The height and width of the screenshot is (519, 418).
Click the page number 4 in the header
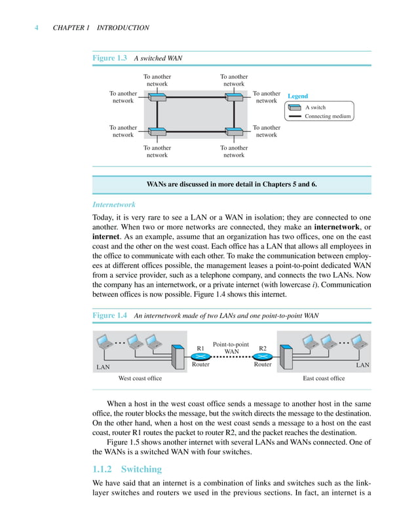[x=37, y=28]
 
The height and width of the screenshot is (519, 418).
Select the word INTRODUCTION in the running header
[x=123, y=28]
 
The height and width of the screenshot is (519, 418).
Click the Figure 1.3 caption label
[x=109, y=58]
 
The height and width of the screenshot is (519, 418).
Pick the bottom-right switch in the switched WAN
[x=234, y=131]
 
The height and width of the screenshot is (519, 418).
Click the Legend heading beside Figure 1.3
[x=297, y=96]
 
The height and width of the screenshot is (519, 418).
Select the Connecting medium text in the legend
[x=328, y=117]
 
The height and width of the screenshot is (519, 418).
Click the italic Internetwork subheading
[x=114, y=204]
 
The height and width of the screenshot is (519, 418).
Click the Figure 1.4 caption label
[x=109, y=315]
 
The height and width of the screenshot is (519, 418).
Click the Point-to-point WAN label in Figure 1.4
[x=231, y=348]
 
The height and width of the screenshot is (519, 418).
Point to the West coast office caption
[x=140, y=378]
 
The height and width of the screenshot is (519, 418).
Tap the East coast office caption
[x=324, y=378]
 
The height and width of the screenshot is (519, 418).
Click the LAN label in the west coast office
[x=103, y=367]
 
